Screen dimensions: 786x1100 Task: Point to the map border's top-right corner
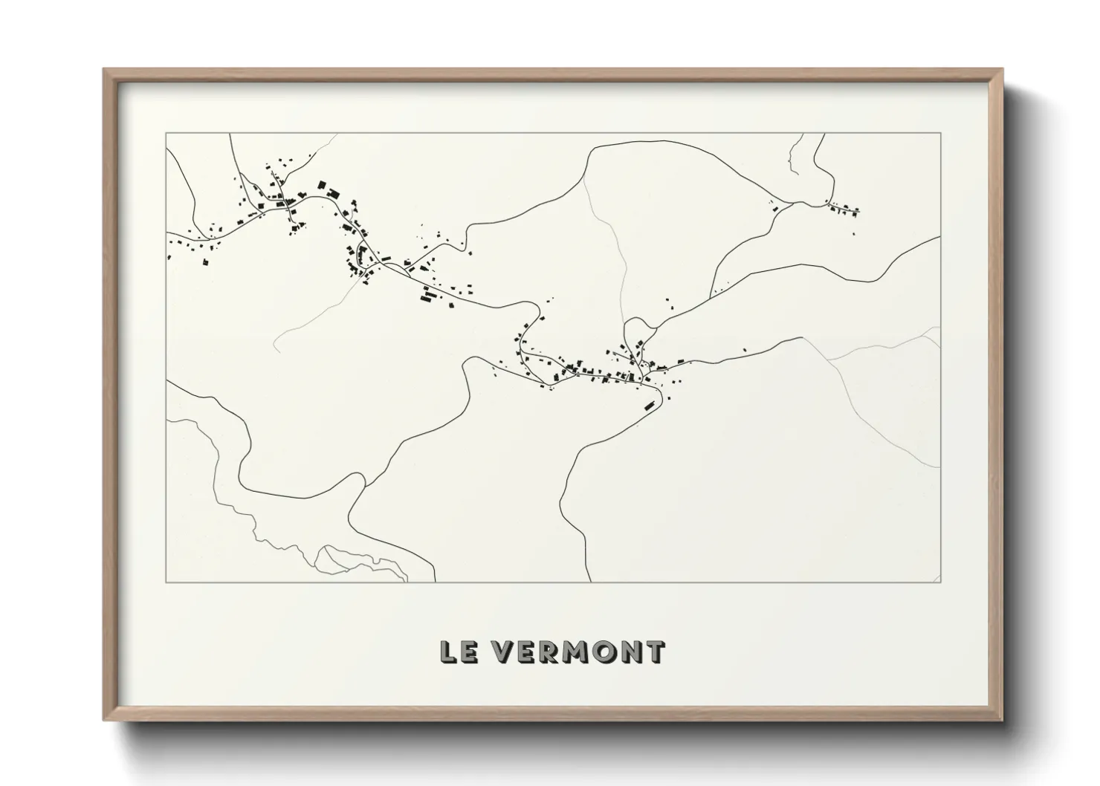coord(941,133)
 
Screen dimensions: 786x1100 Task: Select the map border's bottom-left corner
coord(166,582)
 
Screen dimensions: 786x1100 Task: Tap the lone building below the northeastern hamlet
coord(854,234)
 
